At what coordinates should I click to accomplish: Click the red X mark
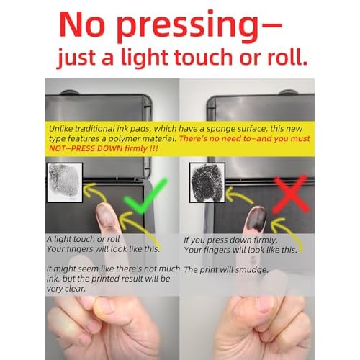point(291,194)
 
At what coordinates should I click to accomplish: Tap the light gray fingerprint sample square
point(65,182)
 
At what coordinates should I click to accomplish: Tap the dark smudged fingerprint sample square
point(207,182)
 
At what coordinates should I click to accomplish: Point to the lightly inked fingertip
point(106,216)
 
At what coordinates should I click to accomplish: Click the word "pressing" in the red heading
point(188,26)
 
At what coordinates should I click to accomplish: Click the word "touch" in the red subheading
point(204,57)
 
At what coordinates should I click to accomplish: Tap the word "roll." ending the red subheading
point(287,57)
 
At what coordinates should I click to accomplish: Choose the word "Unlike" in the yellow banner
point(60,129)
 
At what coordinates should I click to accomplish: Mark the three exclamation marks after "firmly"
point(153,148)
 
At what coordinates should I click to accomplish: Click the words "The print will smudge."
point(226,270)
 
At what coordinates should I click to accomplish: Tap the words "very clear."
point(66,289)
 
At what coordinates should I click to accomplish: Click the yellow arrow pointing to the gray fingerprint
point(95,191)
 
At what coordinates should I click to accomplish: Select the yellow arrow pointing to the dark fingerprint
point(239,194)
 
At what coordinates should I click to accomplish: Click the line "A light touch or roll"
point(84,239)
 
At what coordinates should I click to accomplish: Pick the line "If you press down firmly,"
point(230,240)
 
